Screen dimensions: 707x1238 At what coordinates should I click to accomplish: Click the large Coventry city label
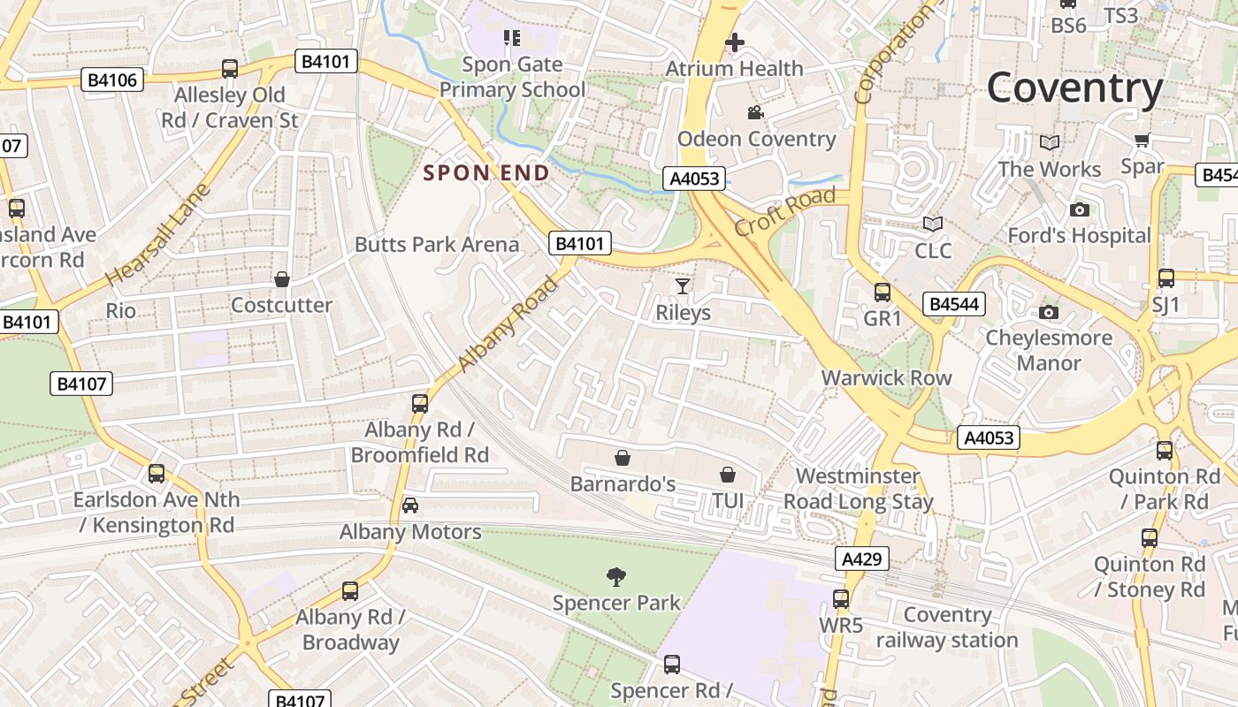pos(1074,88)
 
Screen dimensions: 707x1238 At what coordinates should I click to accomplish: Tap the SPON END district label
pos(485,172)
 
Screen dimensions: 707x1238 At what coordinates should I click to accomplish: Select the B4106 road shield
pos(112,80)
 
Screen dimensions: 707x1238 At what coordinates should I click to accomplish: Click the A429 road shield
pos(861,559)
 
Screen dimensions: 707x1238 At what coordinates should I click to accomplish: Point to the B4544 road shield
pos(953,305)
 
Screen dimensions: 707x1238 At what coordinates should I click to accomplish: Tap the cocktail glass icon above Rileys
pos(683,285)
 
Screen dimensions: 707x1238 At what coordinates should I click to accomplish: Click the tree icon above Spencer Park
pos(616,577)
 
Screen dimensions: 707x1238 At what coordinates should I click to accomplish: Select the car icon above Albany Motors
pos(409,506)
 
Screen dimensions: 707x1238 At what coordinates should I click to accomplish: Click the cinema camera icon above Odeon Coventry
pos(755,112)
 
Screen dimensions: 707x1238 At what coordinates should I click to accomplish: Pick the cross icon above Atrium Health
pos(734,42)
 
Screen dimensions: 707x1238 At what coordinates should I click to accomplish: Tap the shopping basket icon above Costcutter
pos(281,279)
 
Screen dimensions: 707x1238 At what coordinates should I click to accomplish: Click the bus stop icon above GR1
pos(882,292)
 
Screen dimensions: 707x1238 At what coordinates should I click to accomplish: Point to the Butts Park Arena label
pos(437,244)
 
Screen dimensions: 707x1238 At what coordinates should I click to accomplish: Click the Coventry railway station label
pos(947,627)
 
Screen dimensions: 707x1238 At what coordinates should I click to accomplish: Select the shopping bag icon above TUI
pos(727,475)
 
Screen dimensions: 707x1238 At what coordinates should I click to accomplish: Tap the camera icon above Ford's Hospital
pos(1079,209)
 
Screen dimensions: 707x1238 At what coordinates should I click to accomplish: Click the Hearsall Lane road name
pos(158,234)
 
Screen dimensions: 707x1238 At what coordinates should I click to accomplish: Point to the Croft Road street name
pos(784,211)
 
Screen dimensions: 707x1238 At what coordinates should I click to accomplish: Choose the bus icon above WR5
pos(840,598)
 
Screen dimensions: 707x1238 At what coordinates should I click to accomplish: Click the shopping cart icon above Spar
pos(1142,140)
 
